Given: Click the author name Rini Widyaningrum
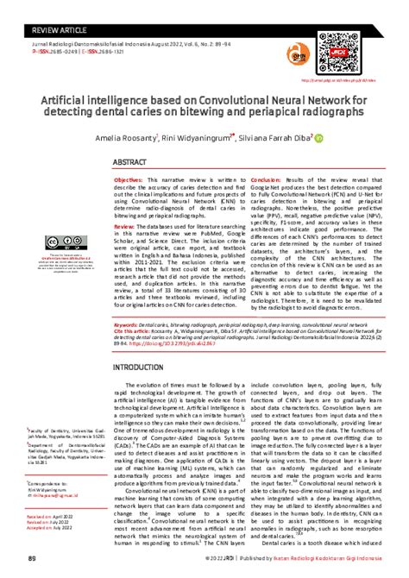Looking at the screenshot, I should pyautogui.click(x=221, y=137).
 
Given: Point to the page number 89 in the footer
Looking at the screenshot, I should pyautogui.click(x=32, y=559).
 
